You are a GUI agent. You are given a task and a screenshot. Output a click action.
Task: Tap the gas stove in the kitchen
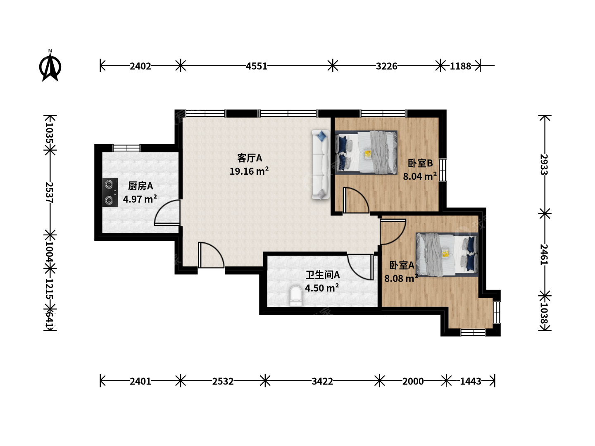coord(110,192)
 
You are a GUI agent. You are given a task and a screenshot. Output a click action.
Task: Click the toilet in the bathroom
coord(296,296)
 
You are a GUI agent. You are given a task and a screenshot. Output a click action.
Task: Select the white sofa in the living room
coord(321,165)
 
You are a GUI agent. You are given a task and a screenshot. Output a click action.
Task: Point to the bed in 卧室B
coord(366,152)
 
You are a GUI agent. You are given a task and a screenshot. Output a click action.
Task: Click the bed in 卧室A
coord(447,254)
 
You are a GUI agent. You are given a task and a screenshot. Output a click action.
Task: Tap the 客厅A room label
coord(250,158)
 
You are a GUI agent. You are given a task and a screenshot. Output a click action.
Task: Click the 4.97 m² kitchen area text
coord(140,199)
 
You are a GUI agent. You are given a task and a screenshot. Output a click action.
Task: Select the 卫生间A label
coord(323,275)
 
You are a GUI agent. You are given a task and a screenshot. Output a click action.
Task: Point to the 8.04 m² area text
coord(420,176)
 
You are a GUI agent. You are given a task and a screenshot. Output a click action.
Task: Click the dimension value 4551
coord(257,66)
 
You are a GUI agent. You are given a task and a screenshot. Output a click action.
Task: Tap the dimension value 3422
coord(322,381)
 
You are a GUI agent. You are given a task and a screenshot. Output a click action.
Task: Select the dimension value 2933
coord(544,165)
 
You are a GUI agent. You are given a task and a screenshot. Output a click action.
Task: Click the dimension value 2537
coord(49,192)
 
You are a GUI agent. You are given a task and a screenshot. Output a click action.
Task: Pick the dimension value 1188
coord(461,66)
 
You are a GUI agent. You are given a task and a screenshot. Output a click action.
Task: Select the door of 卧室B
coord(356,200)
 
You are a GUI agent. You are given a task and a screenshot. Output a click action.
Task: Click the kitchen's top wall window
coord(126,148)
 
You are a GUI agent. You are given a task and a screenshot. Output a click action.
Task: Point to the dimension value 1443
coord(471,381)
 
